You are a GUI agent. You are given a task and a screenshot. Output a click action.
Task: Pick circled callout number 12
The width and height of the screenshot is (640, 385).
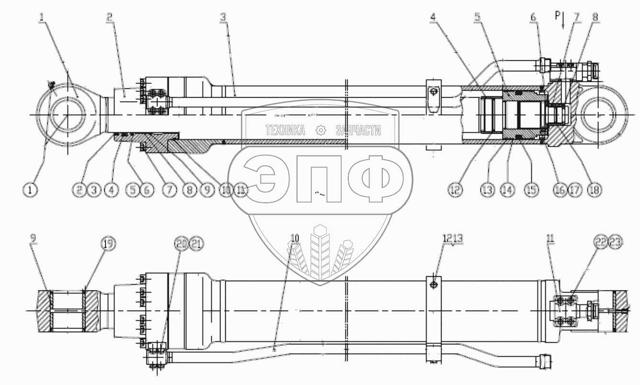pyautogui.click(x=456, y=189)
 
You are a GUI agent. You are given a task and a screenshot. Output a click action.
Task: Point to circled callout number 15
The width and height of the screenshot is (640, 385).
pyautogui.click(x=530, y=189)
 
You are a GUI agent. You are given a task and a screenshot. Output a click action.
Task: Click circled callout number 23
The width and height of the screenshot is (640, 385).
pyautogui.click(x=615, y=243)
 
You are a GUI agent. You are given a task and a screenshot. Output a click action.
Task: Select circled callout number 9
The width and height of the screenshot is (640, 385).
pyautogui.click(x=206, y=189)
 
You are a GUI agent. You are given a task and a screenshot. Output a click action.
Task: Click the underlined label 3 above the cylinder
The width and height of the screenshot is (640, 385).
pyautogui.click(x=223, y=17)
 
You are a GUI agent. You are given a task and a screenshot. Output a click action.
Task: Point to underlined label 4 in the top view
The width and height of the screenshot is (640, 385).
pyautogui.click(x=433, y=17)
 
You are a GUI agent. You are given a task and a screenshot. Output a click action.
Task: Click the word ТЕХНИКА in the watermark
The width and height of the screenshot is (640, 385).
pyautogui.click(x=286, y=130)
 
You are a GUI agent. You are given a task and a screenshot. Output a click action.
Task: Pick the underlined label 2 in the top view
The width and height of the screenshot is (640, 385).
pyautogui.click(x=110, y=17)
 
